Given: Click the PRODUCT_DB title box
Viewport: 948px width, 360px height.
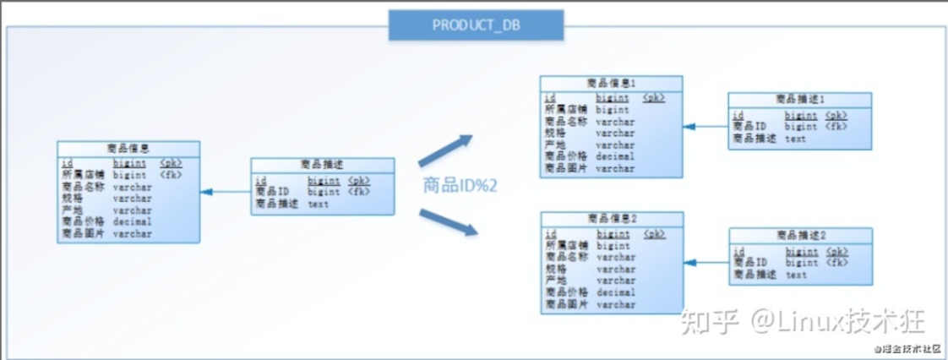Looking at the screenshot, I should (x=476, y=25).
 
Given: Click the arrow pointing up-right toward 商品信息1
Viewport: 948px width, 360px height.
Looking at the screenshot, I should (x=445, y=150).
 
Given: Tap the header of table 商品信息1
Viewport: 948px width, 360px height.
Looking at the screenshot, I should (x=611, y=83).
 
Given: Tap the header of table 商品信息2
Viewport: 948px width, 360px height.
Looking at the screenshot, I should (x=611, y=219).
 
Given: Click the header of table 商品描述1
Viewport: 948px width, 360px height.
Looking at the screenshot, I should (x=800, y=100).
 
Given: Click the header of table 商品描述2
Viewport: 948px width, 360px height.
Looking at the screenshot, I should (x=800, y=235).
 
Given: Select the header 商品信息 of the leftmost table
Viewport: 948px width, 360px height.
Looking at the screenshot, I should (x=128, y=148).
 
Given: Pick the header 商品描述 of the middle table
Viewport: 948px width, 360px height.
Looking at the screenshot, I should (x=322, y=164).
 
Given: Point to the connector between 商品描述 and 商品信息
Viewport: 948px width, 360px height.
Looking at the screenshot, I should (x=226, y=192).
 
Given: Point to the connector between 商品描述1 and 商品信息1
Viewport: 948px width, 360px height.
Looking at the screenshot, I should (x=706, y=127).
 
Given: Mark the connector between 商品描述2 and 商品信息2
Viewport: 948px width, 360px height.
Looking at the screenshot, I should (x=706, y=263).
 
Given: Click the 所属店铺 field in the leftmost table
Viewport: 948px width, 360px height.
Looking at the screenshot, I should (x=81, y=175).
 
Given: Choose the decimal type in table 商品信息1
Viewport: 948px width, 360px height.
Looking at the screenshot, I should (x=614, y=156).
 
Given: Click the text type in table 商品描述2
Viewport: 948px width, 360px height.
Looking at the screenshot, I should (x=796, y=275).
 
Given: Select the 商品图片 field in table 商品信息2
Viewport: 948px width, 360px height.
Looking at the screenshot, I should (x=565, y=304).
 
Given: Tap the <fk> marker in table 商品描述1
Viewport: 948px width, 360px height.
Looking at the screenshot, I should (x=836, y=127).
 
